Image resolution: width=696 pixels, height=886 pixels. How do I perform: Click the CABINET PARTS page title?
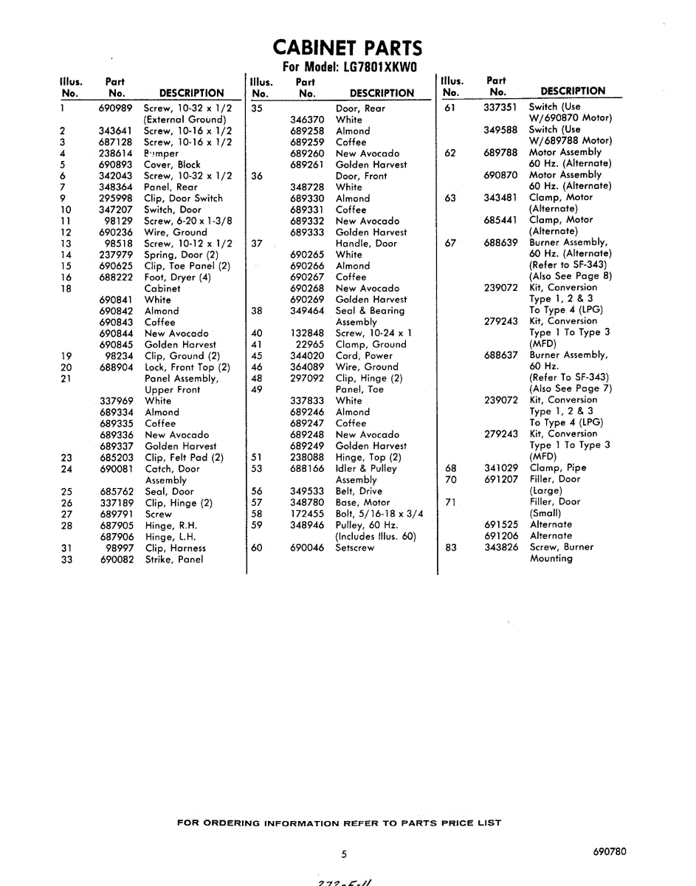(348, 48)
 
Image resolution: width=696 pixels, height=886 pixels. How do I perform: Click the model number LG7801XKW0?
(381, 66)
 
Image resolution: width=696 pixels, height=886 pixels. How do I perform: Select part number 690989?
(116, 108)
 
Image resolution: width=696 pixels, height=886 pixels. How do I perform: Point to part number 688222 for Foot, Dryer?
(116, 277)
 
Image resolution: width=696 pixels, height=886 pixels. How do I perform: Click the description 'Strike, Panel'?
(174, 560)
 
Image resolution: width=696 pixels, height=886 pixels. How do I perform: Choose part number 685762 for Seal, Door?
(117, 492)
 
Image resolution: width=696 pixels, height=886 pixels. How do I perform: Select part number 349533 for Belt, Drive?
(307, 490)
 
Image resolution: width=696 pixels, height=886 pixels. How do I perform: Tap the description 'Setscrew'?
(355, 548)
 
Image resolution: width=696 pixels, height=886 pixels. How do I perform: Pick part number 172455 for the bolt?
(307, 514)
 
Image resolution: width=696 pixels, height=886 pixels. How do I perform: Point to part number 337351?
(500, 107)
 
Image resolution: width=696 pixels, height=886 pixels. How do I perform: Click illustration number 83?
(450, 548)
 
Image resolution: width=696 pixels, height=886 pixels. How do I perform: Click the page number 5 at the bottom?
(344, 855)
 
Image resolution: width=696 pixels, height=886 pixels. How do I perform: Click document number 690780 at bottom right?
(609, 851)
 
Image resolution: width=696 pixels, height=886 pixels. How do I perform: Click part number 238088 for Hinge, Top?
(307, 457)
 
